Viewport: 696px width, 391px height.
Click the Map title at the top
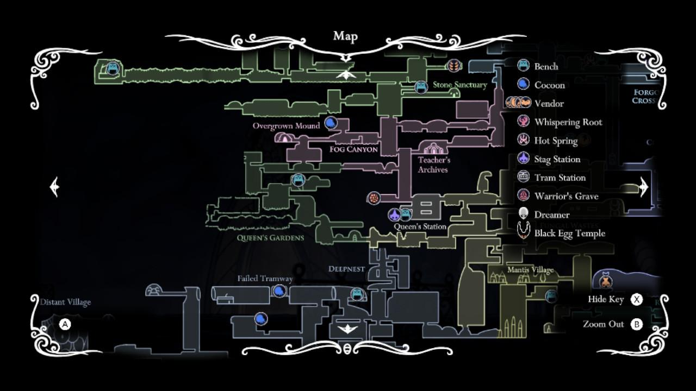click(x=345, y=36)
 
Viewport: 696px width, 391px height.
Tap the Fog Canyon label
click(x=353, y=149)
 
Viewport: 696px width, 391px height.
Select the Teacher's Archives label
click(x=433, y=165)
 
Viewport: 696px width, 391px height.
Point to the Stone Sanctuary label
click(x=459, y=85)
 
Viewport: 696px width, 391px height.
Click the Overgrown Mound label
click(x=286, y=126)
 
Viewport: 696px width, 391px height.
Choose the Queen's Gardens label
click(x=270, y=238)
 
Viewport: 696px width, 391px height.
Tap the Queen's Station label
click(x=420, y=226)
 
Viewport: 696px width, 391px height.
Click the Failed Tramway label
click(x=265, y=279)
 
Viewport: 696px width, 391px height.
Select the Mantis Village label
click(x=530, y=270)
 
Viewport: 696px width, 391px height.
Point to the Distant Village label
click(x=65, y=302)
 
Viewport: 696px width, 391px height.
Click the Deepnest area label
click(x=346, y=269)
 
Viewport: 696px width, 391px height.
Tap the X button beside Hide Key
click(x=637, y=299)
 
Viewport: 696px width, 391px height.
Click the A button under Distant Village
click(x=65, y=325)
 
